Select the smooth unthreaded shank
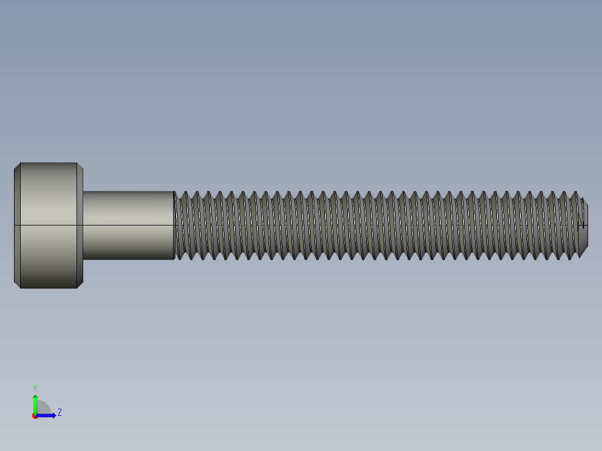[x=128, y=226]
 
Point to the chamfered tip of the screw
[x=584, y=226]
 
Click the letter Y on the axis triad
[x=35, y=387]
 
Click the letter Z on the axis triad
[x=60, y=412]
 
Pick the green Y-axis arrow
[x=35, y=403]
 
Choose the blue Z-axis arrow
[x=47, y=415]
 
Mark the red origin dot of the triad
[x=35, y=416]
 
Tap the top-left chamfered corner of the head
[x=17, y=166]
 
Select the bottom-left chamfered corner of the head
[x=17, y=285]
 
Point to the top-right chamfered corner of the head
[x=80, y=166]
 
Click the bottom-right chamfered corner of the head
[x=80, y=285]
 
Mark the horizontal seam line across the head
[x=47, y=225]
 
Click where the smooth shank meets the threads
[x=174, y=226]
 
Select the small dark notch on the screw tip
[x=583, y=225]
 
